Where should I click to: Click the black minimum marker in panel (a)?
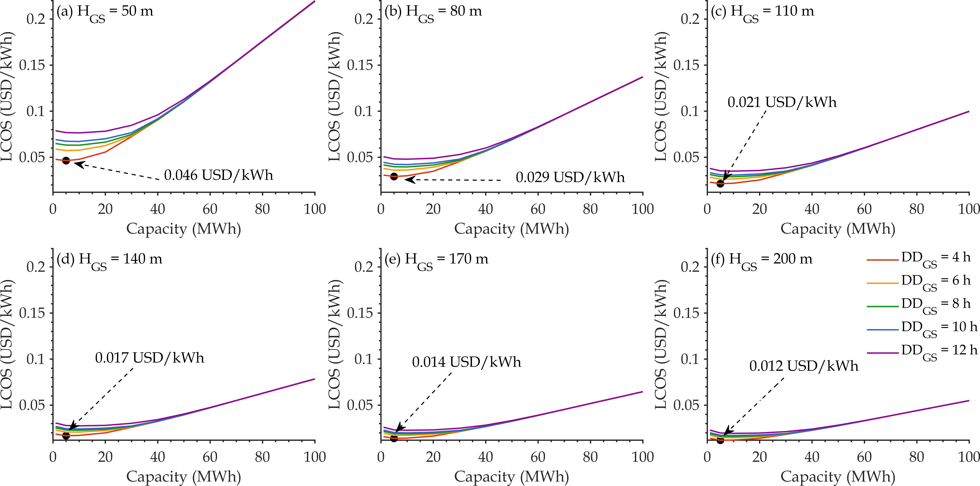pos(66,161)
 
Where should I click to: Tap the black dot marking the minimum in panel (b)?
pos(394,176)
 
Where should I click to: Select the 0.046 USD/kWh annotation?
pos(219,175)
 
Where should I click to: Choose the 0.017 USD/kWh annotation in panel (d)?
pos(149,358)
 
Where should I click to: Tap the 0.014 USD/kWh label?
pos(466,362)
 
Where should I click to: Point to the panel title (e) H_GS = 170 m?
pos(436,261)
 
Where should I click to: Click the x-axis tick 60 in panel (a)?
pos(210,209)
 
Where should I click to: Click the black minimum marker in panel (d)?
pos(66,435)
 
